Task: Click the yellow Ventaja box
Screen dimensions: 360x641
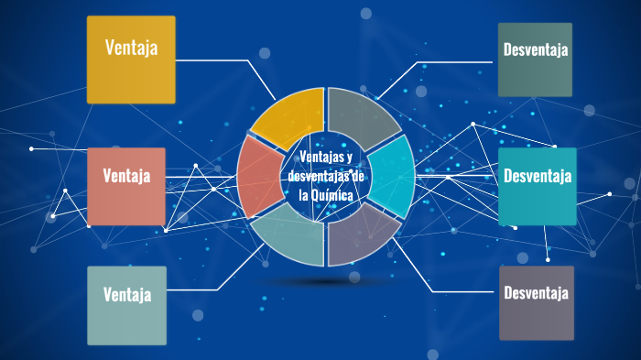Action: point(131,60)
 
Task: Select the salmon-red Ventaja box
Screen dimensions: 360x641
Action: point(126,187)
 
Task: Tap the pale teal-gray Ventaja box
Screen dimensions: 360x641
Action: point(126,305)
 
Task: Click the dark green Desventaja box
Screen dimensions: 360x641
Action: point(536,60)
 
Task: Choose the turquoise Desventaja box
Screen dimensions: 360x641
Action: point(538,187)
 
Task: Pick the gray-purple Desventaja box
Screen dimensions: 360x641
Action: point(537,303)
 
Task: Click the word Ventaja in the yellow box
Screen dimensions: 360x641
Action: point(131,47)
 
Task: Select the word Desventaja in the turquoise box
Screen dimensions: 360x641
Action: point(538,175)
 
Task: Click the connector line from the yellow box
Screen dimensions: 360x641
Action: point(220,60)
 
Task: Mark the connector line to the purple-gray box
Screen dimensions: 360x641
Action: point(458,292)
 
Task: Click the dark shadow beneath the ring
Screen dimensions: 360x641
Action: point(326,280)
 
